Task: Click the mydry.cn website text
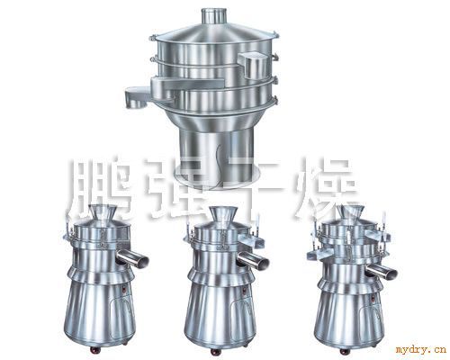pyautogui.click(x=420, y=350)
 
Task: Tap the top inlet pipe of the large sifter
pyautogui.click(x=213, y=14)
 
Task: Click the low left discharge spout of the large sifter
pyautogui.click(x=137, y=96)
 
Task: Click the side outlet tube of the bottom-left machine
pyautogui.click(x=132, y=258)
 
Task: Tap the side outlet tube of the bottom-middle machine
pyautogui.click(x=254, y=258)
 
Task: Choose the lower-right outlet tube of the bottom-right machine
pyautogui.click(x=382, y=271)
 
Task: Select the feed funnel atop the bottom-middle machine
pyautogui.click(x=221, y=213)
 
